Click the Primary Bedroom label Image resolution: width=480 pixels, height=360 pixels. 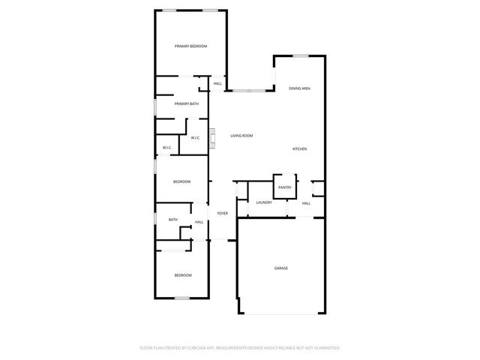pyautogui.click(x=190, y=46)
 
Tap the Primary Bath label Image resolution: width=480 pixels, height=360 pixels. pyautogui.click(x=187, y=103)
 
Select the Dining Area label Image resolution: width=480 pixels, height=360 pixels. pyautogui.click(x=300, y=88)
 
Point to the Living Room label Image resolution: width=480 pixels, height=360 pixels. pyautogui.click(x=241, y=136)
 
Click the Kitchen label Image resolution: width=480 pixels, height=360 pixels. pyautogui.click(x=299, y=148)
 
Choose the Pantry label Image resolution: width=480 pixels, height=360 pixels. pyautogui.click(x=284, y=187)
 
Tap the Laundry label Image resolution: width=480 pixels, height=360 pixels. pyautogui.click(x=263, y=202)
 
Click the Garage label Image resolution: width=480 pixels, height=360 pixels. pyautogui.click(x=281, y=268)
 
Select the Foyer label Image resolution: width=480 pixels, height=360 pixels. pyautogui.click(x=223, y=214)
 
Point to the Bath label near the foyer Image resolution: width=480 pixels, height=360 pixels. pyautogui.click(x=173, y=220)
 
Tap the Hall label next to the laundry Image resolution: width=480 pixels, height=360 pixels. pyautogui.click(x=306, y=203)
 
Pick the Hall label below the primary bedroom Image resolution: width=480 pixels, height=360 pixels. pyautogui.click(x=217, y=83)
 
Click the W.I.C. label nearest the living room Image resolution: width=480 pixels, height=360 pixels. pyautogui.click(x=195, y=138)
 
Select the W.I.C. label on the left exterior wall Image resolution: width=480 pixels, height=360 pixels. pyautogui.click(x=167, y=148)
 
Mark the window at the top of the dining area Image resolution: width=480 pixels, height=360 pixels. pyautogui.click(x=301, y=55)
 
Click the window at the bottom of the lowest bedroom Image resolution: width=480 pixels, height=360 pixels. pyautogui.click(x=182, y=298)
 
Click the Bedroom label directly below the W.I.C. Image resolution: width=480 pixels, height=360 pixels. pyautogui.click(x=182, y=181)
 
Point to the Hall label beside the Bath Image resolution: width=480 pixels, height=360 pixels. pyautogui.click(x=199, y=222)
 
